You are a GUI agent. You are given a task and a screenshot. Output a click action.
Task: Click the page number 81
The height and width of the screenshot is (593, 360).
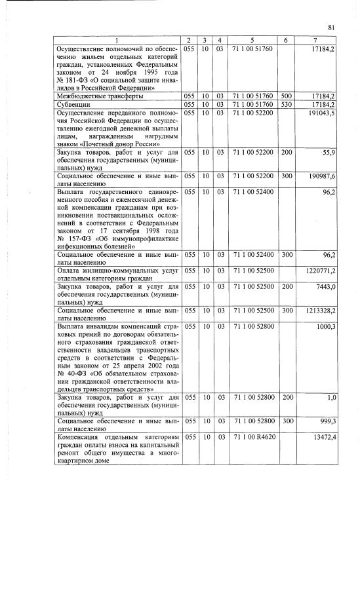coord(331,27)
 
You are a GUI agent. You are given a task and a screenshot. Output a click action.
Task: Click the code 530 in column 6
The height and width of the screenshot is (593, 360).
coord(286,104)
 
